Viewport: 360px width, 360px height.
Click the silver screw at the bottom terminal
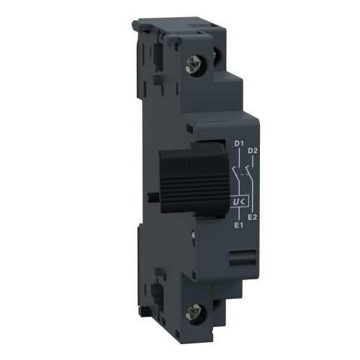click(x=213, y=312)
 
